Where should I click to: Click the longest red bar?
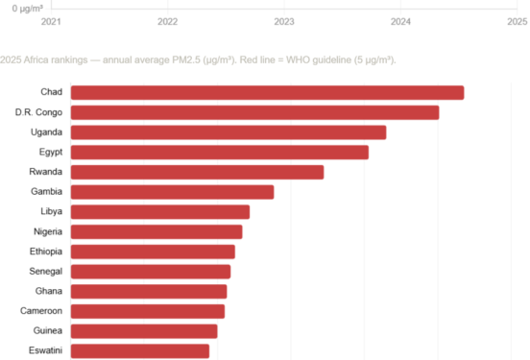pos(267,92)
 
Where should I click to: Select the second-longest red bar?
pos(254,112)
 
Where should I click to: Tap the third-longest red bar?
pos(228,132)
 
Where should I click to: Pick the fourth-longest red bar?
pos(219,153)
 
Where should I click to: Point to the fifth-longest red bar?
pos(197,173)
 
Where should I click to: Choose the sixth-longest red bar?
pos(172,192)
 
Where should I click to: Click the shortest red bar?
pos(139,351)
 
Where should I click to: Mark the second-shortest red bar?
pos(143,331)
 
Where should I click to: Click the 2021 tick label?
pos(50,21)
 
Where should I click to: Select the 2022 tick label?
pos(167,21)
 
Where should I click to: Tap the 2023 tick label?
pos(284,21)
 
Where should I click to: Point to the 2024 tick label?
pos(401,21)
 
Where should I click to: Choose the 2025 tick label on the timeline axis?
pos(517,21)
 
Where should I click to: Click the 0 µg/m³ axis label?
pos(27,8)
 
